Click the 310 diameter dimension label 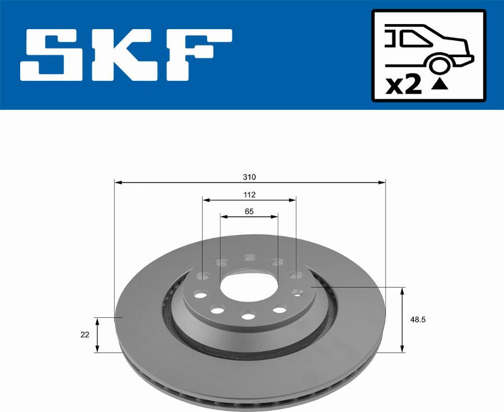point(249,177)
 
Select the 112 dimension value point(249,195)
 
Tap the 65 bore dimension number point(249,211)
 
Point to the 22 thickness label point(85,335)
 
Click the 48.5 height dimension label point(418,320)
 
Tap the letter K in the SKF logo point(125,55)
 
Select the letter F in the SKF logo point(199,55)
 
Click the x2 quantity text point(404,86)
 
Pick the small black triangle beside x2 point(440,85)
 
